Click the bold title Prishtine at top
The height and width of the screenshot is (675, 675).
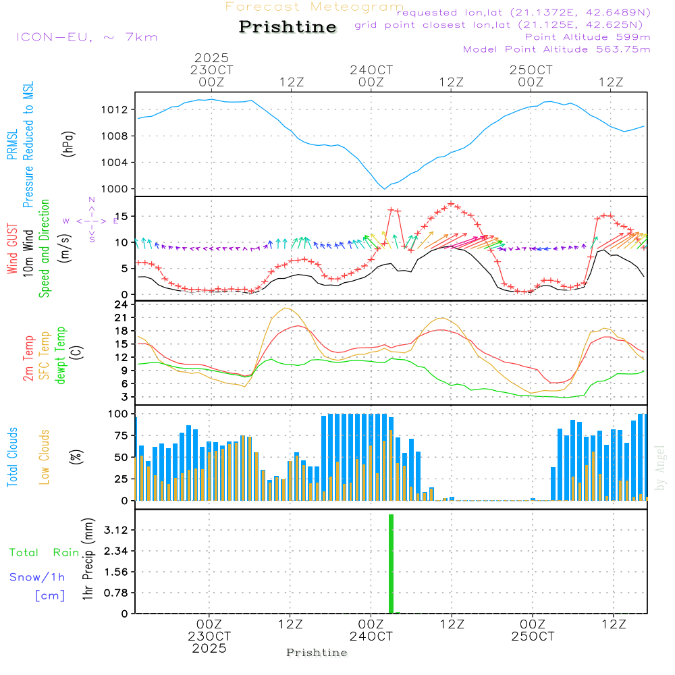288,27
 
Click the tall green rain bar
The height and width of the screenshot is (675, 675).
391,564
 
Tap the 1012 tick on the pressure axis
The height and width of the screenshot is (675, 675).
119,109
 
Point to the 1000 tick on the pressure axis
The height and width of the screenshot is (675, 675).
119,189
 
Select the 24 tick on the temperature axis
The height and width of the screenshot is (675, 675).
122,304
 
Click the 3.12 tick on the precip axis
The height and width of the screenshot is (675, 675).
117,530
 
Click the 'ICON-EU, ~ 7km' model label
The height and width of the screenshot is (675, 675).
86,37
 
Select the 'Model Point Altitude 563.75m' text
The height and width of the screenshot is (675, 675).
557,49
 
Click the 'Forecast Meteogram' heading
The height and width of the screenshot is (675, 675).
315,7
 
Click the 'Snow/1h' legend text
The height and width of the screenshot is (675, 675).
38,577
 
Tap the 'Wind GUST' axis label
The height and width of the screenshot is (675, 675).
13,250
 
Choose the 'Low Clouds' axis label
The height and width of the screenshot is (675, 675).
45,456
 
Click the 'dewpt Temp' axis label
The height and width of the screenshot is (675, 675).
61,356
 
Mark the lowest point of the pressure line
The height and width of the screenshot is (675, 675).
385,189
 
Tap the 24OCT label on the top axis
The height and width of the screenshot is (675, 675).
371,70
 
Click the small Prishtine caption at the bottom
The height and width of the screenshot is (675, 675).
317,653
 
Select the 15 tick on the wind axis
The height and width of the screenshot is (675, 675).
122,216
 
